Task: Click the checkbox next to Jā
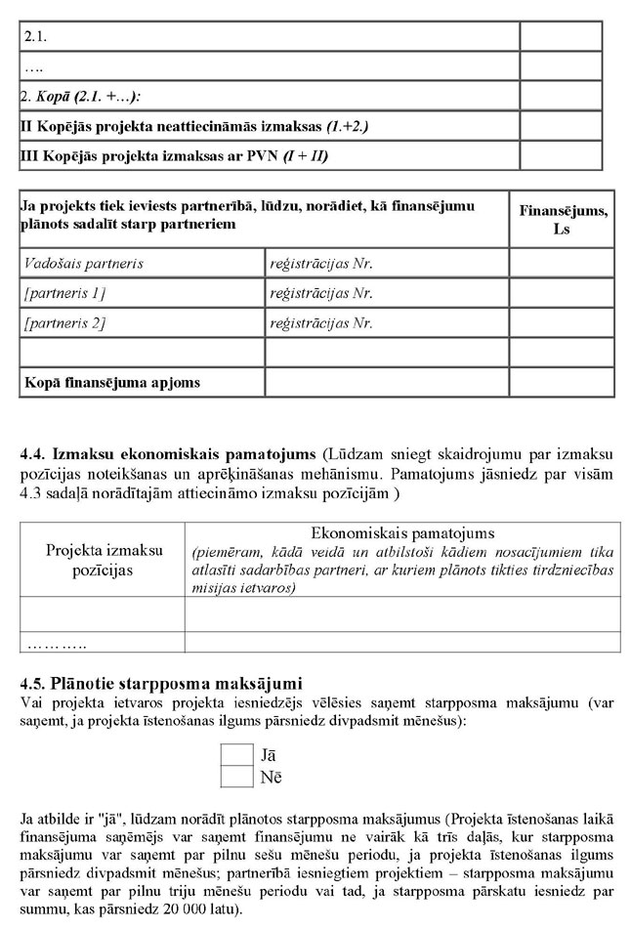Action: click(237, 755)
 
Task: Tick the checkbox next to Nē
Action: click(237, 778)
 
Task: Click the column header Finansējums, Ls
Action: click(562, 219)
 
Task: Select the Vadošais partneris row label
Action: click(84, 264)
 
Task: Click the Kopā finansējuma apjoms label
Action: click(112, 382)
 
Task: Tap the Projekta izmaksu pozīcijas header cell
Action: click(104, 560)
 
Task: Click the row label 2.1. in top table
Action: click(36, 37)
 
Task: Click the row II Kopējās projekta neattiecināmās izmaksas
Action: click(194, 127)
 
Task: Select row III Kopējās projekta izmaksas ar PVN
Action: click(175, 156)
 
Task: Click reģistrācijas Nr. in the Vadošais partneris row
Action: click(322, 264)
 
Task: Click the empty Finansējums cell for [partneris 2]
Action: click(562, 323)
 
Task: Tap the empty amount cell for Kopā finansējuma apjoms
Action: click(562, 382)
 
